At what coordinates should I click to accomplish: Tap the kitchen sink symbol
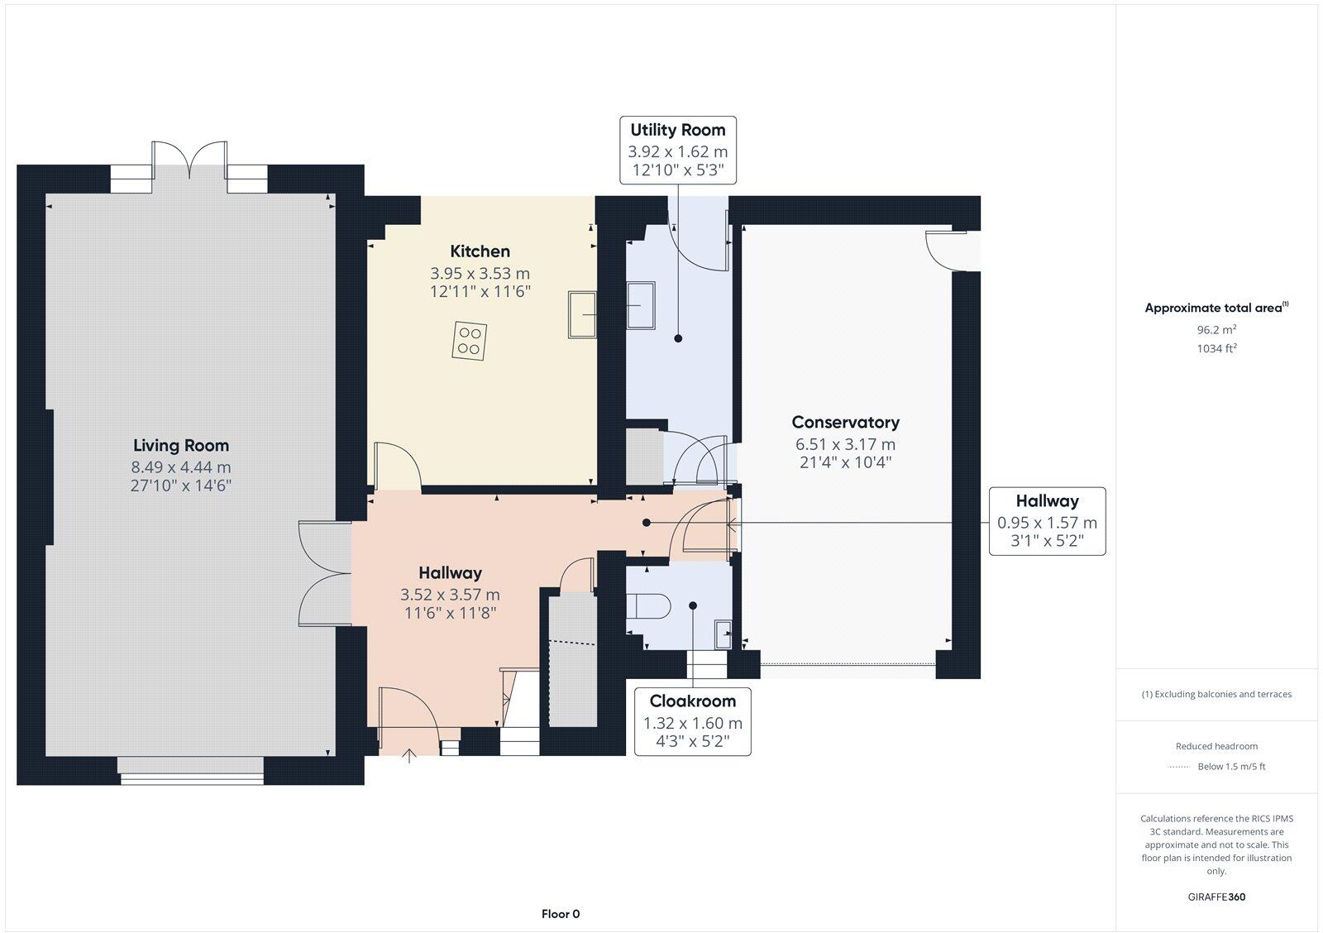pyautogui.click(x=582, y=314)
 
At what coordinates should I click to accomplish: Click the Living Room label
pyautogui.click(x=181, y=446)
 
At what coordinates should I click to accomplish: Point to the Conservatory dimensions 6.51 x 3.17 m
pyautogui.click(x=845, y=444)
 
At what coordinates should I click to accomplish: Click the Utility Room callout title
pyautogui.click(x=677, y=130)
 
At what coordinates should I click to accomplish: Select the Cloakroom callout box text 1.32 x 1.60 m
pyautogui.click(x=693, y=723)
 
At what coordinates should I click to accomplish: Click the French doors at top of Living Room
pyautogui.click(x=189, y=161)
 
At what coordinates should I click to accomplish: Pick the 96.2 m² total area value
pyautogui.click(x=1216, y=329)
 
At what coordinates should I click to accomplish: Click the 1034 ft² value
pyautogui.click(x=1216, y=348)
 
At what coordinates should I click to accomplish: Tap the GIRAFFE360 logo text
pyautogui.click(x=1216, y=897)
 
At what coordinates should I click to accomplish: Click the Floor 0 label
pyautogui.click(x=561, y=914)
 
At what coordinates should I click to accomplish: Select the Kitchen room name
pyautogui.click(x=480, y=251)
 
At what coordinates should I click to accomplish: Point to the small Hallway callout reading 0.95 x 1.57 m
pyautogui.click(x=1047, y=523)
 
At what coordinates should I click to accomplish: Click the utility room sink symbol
pyautogui.click(x=641, y=304)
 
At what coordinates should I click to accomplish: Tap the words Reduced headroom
pyautogui.click(x=1216, y=746)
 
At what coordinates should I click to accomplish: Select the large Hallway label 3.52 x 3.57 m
pyautogui.click(x=450, y=594)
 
